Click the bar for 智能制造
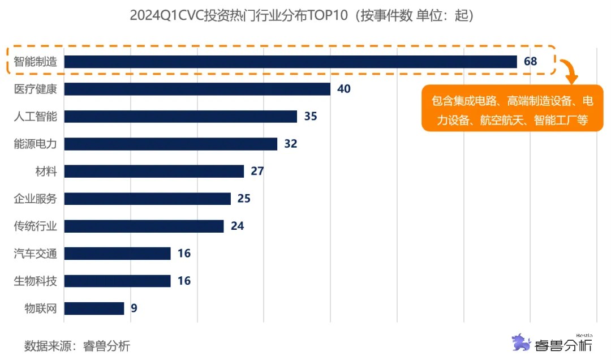coord(290,62)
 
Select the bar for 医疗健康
coord(197,89)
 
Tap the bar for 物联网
coord(94,308)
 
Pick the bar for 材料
coord(154,171)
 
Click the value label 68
coord(530,62)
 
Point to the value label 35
coord(311,117)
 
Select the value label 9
coord(134,308)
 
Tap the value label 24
coord(237,226)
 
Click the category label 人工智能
coord(35,117)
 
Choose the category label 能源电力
coord(35,144)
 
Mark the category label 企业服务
coord(35,199)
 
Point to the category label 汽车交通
coord(35,254)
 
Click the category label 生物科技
coord(35,281)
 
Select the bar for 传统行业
coord(144,226)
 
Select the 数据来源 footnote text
coord(77,345)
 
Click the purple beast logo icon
coord(522,342)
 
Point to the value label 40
coord(344,89)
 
